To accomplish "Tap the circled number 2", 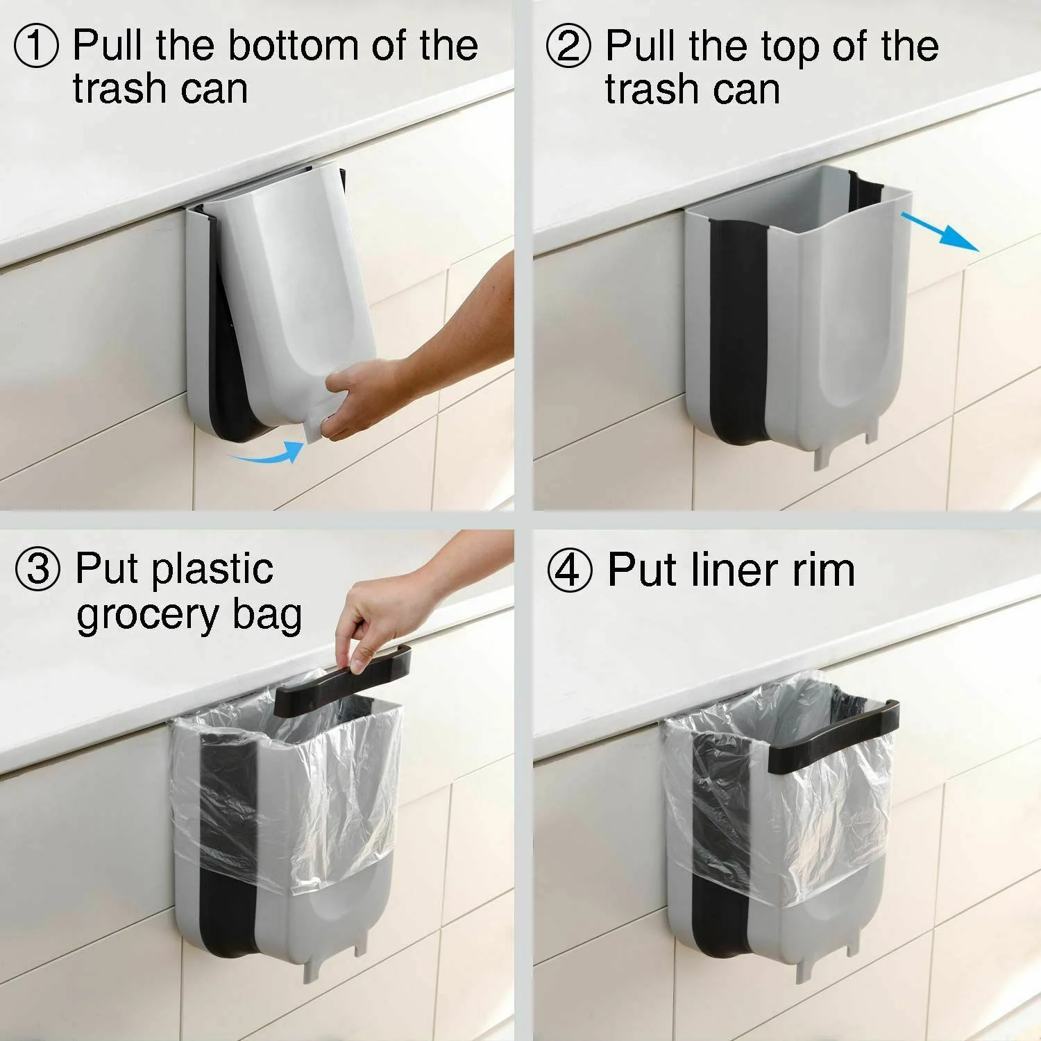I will (568, 46).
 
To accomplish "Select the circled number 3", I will (38, 570).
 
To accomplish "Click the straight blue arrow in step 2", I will (940, 232).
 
